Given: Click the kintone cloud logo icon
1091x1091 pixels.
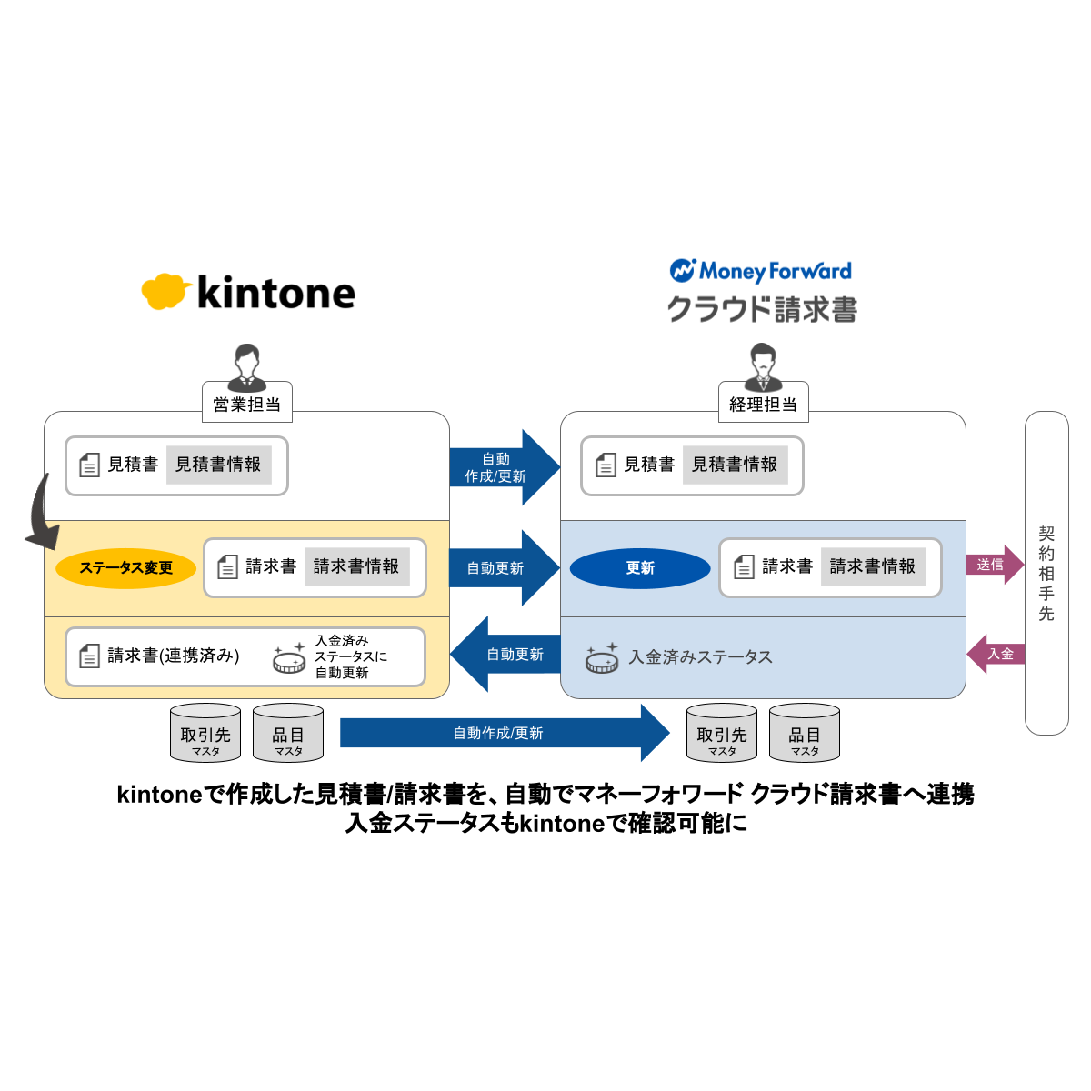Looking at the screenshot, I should click(x=165, y=291).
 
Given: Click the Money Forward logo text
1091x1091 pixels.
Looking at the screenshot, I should click(x=762, y=271).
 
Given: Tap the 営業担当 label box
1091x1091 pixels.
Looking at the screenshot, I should click(x=246, y=403).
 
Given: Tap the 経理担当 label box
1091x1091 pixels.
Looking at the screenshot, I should click(x=763, y=403).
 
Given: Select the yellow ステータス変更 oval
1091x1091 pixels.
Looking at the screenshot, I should click(x=125, y=568).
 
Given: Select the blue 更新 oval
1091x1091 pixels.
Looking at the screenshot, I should click(x=640, y=568).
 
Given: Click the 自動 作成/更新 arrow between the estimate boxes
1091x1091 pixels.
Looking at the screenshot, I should click(x=502, y=467).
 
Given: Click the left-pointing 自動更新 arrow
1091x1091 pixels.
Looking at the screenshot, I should click(x=505, y=654).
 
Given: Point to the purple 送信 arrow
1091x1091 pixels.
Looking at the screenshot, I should click(x=994, y=565).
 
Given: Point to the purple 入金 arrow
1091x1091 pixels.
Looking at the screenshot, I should click(x=996, y=654).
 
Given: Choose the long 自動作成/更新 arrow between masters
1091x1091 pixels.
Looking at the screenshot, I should click(x=504, y=733).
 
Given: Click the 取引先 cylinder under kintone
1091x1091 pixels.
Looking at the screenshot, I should click(x=205, y=733).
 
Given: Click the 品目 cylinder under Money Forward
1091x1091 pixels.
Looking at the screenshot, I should click(x=805, y=733).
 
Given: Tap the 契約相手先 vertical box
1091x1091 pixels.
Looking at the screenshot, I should click(x=1046, y=573).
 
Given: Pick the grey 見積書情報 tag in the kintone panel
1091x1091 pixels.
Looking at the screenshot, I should click(x=218, y=465).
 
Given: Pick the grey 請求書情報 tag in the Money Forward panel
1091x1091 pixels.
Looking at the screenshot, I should click(x=873, y=566).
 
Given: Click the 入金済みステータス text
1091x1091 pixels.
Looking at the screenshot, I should click(x=700, y=656).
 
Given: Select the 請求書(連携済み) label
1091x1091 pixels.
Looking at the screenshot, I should click(x=173, y=656).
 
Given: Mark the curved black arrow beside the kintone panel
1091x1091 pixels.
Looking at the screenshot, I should click(x=41, y=514).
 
